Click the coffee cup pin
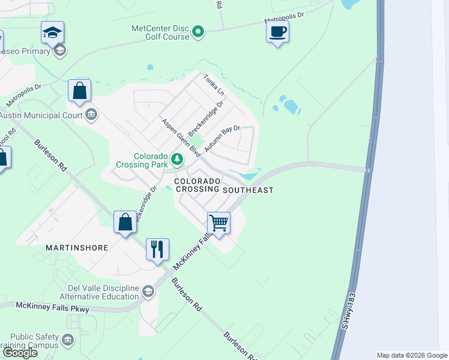coord(277,31)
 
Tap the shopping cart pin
coord(219,223)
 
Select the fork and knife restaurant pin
coord(157,249)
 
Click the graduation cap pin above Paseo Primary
coord(53,32)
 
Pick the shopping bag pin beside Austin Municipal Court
coord(79,91)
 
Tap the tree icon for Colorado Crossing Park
coord(176,160)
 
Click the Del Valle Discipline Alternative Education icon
coord(148,292)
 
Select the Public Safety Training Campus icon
coord(68,341)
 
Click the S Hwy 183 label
coord(349,311)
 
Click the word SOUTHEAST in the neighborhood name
coord(248,190)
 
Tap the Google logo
coord(20,352)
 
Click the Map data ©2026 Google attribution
coord(412,355)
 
